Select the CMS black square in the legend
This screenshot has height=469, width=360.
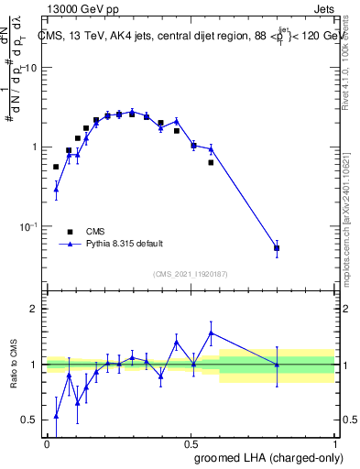coord(70,232)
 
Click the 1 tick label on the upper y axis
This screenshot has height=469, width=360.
coord(34,147)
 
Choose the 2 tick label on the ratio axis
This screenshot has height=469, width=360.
coord(34,309)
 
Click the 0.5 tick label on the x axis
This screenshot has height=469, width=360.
coord(191,443)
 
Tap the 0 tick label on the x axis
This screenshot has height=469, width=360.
coord(47,443)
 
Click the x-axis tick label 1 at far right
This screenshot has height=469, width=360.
coord(335,443)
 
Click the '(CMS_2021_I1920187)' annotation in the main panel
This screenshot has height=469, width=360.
coord(191,274)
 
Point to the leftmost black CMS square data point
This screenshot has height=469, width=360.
coord(56,167)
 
